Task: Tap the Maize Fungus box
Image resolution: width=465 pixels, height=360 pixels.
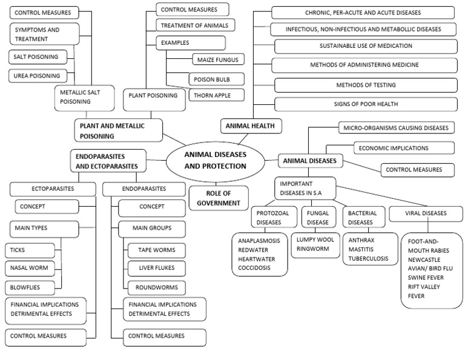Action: coord(217,59)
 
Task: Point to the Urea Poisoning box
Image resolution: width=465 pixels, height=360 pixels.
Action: coord(38,76)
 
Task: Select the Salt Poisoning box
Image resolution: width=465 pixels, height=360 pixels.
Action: coord(38,57)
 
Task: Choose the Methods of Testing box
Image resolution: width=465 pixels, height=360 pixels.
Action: coord(365,85)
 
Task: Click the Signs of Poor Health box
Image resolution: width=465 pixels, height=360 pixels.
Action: coord(365,104)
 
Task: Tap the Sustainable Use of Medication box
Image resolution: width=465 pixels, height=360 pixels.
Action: coord(365,46)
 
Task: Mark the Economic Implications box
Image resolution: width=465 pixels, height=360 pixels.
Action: coord(401,147)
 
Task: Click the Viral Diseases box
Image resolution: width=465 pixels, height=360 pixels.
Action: coord(426,213)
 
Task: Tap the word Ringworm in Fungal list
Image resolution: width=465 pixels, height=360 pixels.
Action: coord(313,248)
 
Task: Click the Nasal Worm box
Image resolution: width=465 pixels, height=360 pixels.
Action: coord(30,267)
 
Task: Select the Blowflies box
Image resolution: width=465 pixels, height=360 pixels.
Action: coord(30,286)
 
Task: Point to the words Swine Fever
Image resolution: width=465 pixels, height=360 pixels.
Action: coord(424,276)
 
